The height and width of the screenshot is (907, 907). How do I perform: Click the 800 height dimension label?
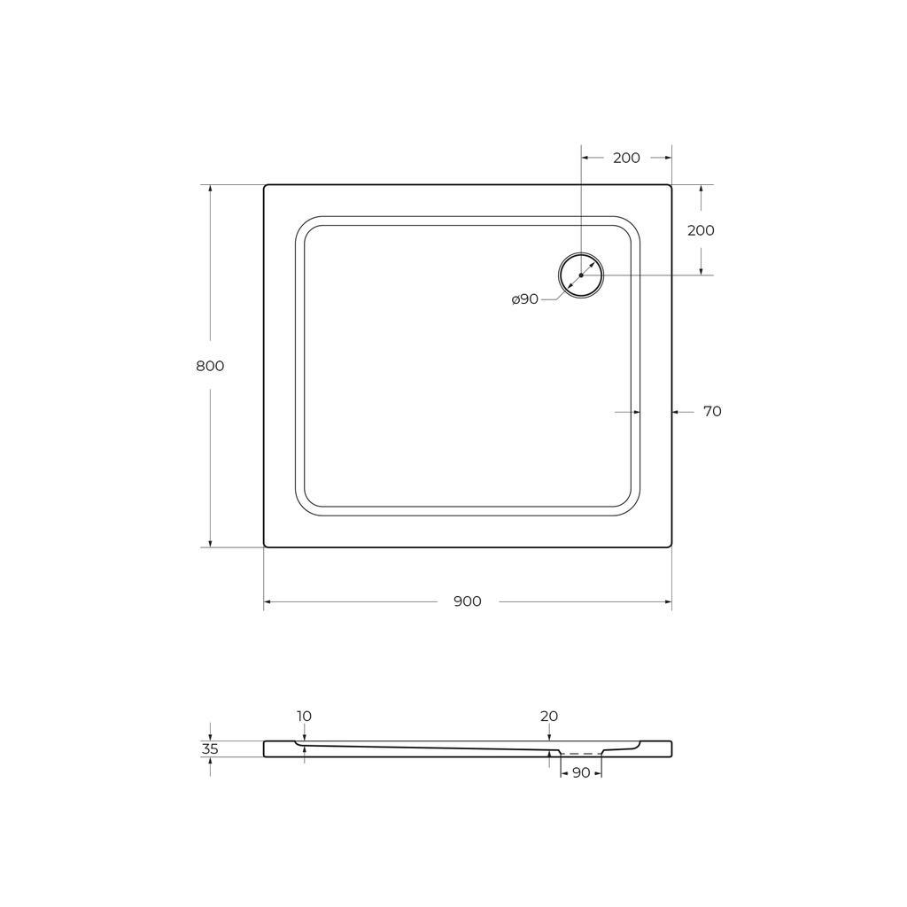[210, 366]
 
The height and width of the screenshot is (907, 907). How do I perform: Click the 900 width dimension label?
[468, 601]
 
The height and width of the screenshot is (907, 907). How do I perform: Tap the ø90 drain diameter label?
[525, 299]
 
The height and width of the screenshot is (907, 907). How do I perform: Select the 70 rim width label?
[712, 411]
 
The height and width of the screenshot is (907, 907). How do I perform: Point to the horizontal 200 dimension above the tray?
[626, 158]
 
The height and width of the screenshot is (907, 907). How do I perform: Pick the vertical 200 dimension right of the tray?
[702, 230]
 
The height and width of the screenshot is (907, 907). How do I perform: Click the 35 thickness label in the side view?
[210, 749]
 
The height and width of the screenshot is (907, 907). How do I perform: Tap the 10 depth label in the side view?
[305, 716]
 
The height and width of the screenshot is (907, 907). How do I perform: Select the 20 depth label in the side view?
[549, 716]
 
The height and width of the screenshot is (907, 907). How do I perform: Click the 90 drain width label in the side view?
[581, 772]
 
